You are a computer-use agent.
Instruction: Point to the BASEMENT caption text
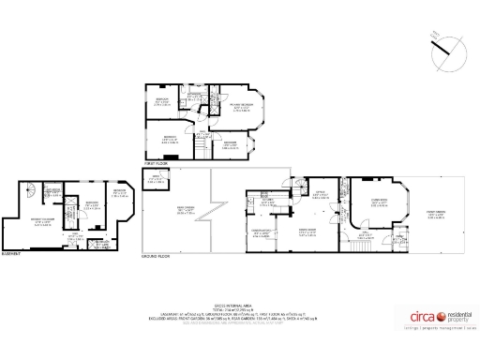[13, 253]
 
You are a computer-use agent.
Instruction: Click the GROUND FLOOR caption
[155, 255]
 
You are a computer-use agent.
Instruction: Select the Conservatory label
[262, 230]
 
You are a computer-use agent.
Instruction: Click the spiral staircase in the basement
[30, 189]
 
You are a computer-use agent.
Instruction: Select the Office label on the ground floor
[320, 193]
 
